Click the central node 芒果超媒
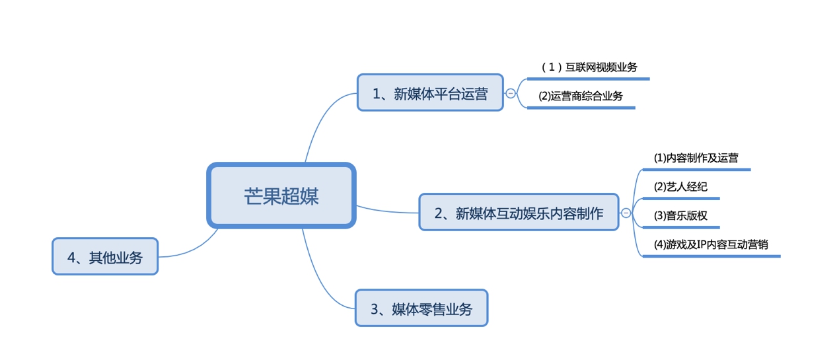[x=281, y=196]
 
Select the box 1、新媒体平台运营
[x=430, y=93]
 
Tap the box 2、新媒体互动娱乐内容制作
[x=519, y=213]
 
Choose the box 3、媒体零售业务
[x=421, y=308]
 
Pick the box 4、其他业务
[x=105, y=257]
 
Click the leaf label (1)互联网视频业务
[x=589, y=67]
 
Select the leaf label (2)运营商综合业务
[x=581, y=96]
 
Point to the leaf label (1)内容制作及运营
[x=696, y=158]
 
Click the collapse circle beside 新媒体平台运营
[x=511, y=93]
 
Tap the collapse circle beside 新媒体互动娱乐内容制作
[x=626, y=213]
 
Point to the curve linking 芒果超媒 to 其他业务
[x=192, y=248]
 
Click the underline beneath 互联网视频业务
[x=588, y=79]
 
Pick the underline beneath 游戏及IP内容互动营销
[x=711, y=256]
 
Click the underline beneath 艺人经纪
[x=680, y=198]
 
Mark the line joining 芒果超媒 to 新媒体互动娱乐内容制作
[x=387, y=211]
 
